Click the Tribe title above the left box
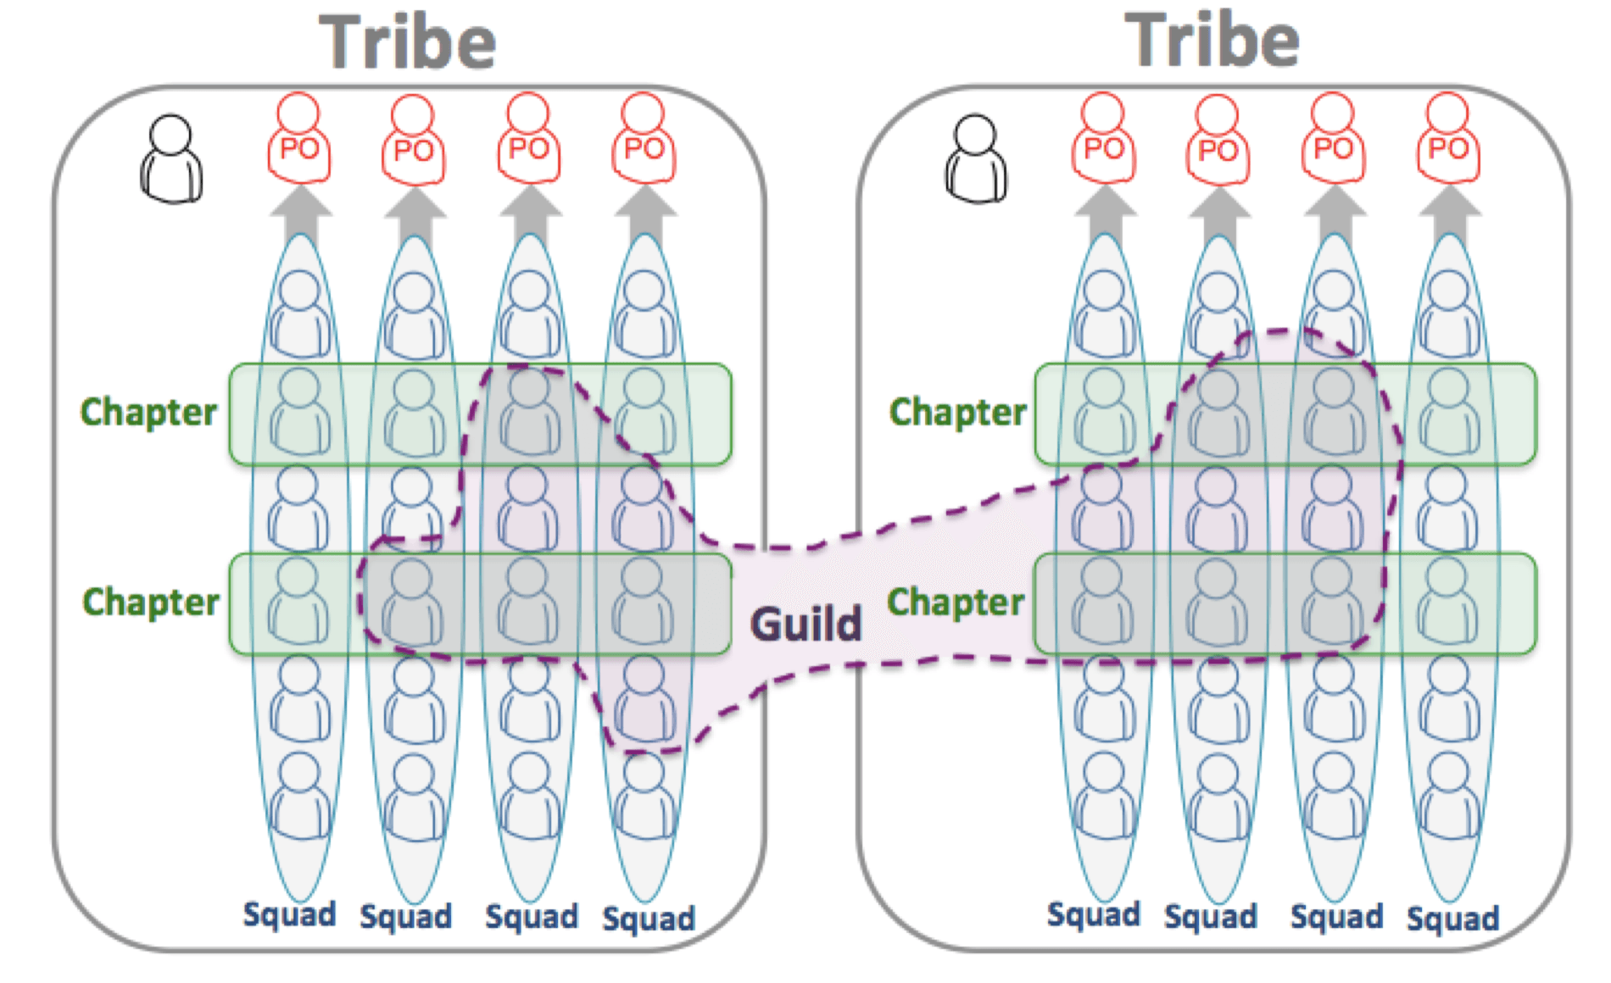point(407,42)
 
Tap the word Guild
point(805,625)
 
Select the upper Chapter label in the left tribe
point(149,412)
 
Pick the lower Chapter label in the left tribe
point(151,602)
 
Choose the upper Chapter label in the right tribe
point(958,412)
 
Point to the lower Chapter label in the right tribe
point(956,602)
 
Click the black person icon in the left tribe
point(171,159)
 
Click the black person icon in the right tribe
point(976,159)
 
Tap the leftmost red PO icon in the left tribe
point(298,140)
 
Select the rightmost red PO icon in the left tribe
point(644,140)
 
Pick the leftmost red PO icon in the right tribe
point(1103,140)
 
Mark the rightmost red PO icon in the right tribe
point(1448,140)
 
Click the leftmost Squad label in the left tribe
point(289,915)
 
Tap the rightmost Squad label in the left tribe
point(649,919)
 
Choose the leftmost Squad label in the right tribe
point(1094,915)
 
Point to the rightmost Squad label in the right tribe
point(1453,919)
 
